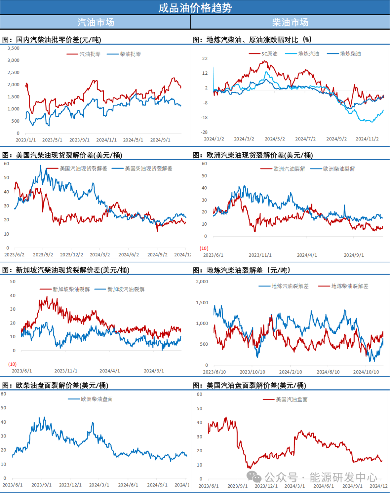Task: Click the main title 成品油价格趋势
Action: coord(195,8)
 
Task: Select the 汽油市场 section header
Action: coord(96,22)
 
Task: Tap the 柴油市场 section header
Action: coord(290,22)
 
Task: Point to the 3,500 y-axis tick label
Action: coord(14,48)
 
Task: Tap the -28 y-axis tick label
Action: coord(204,132)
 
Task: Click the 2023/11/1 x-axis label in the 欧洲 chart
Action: coord(260,255)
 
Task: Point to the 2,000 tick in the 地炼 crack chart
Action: coord(202,282)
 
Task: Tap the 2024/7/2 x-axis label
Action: coord(305,139)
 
